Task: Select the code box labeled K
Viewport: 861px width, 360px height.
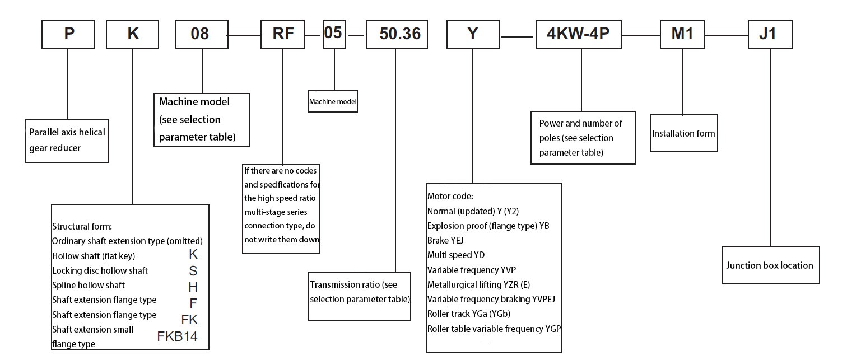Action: click(x=133, y=34)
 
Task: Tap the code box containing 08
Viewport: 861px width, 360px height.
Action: click(x=201, y=34)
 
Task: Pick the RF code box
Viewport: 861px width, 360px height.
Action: click(x=283, y=34)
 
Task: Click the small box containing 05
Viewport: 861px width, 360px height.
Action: click(x=333, y=32)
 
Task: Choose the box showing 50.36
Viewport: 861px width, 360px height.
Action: click(x=400, y=34)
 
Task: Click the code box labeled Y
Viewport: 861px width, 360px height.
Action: click(x=473, y=34)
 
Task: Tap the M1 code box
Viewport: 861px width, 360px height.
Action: click(x=682, y=34)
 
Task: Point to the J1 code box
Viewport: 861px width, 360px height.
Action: click(x=770, y=34)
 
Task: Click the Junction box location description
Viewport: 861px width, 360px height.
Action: click(x=770, y=265)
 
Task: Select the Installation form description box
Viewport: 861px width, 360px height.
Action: click(x=683, y=133)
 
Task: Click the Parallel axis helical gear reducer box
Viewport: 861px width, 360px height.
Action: click(x=67, y=141)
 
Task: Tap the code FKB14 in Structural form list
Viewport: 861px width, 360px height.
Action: click(x=178, y=337)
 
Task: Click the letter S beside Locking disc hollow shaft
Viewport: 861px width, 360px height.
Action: click(x=193, y=271)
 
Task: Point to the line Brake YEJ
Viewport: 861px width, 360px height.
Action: click(x=446, y=240)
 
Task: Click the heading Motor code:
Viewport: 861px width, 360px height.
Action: click(x=450, y=197)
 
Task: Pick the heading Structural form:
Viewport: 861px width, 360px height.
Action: click(x=82, y=227)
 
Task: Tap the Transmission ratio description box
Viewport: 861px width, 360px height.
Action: click(x=360, y=292)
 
